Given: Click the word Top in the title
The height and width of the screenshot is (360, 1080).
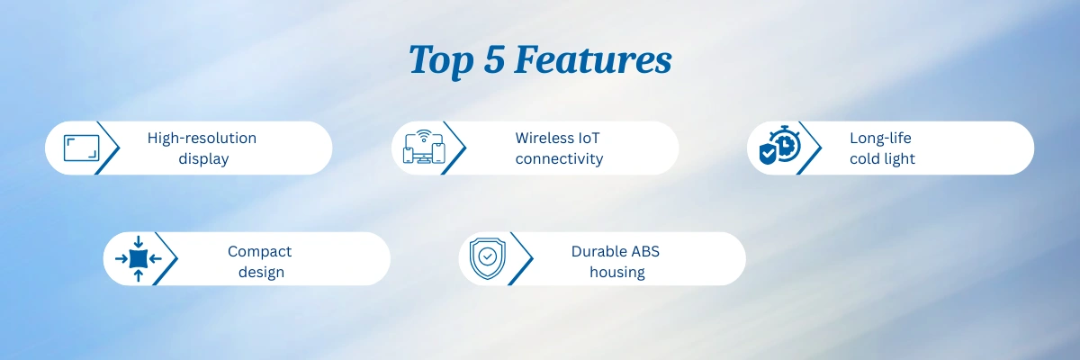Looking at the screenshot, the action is (x=441, y=60).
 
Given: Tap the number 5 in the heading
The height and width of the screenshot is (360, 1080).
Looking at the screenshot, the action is (x=495, y=59).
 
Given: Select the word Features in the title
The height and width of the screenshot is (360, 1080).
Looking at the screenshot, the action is (x=593, y=59).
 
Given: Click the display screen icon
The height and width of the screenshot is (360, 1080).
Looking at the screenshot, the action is (x=82, y=148).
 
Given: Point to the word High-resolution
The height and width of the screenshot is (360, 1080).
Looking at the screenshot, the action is (x=202, y=139).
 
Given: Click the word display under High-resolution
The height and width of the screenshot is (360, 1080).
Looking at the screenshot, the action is (x=203, y=158).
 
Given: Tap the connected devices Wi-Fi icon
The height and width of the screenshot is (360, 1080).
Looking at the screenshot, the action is (x=424, y=147).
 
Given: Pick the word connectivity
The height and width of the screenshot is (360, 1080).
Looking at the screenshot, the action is (x=559, y=158).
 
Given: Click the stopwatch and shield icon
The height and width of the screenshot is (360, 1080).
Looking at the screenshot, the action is (x=779, y=145).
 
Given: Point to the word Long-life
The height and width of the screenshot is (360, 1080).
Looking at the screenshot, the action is (x=880, y=139).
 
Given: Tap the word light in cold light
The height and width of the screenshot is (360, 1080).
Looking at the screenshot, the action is (x=900, y=158).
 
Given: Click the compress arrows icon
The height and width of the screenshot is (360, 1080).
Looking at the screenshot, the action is (x=139, y=259).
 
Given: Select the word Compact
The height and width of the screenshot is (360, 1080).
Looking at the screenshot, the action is (x=259, y=252).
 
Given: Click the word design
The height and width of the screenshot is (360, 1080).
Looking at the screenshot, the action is (x=261, y=272).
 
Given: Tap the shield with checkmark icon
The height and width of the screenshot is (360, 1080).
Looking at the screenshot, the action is (x=488, y=258).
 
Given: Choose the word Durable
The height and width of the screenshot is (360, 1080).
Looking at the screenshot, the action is (x=598, y=251).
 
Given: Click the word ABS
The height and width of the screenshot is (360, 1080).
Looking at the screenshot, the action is (x=644, y=251).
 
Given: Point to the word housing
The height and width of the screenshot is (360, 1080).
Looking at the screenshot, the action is (x=617, y=272).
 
